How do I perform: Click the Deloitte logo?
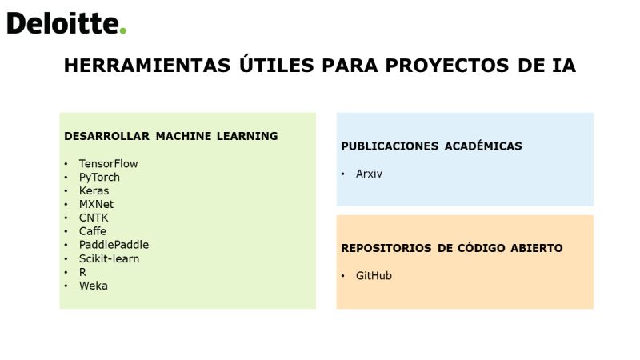point(66,23)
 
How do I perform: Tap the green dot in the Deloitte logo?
point(122,30)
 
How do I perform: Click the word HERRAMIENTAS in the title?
point(147,66)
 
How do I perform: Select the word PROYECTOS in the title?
point(447,66)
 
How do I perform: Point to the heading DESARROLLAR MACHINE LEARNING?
point(170,136)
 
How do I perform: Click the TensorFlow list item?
point(109,164)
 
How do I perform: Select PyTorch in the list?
point(99,178)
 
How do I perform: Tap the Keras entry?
point(94,190)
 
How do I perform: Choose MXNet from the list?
point(96,204)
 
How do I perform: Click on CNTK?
point(94,218)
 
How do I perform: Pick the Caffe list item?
point(93,231)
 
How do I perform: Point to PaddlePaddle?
point(114,245)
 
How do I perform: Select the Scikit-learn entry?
point(109,258)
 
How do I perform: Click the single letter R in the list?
point(82,272)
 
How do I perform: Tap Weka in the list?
point(94,286)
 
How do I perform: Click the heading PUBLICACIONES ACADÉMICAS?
point(431,146)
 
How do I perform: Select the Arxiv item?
point(369,174)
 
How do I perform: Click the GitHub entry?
point(374,276)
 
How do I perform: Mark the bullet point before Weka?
point(66,286)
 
